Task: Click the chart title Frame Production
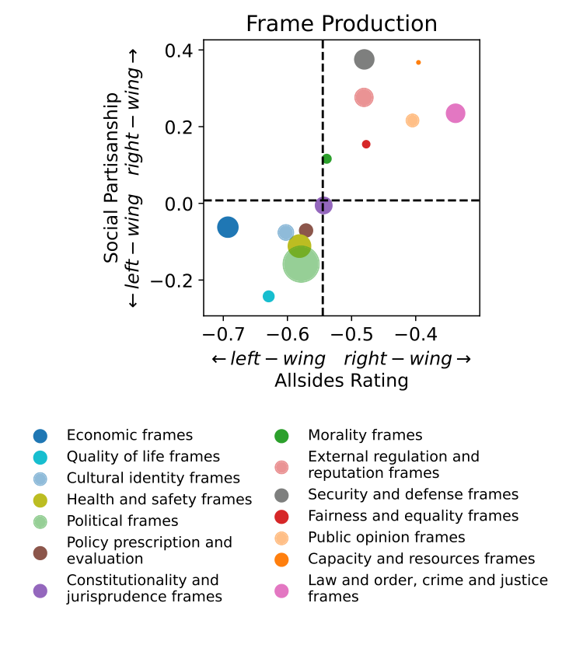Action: pyautogui.click(x=341, y=23)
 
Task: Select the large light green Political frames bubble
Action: pyautogui.click(x=300, y=264)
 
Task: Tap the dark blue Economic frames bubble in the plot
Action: pyautogui.click(x=227, y=227)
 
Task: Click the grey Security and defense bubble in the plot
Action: pyautogui.click(x=365, y=59)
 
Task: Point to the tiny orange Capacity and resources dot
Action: pyautogui.click(x=418, y=62)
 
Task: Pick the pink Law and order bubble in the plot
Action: pyautogui.click(x=456, y=113)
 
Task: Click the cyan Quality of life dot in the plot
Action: pyautogui.click(x=269, y=296)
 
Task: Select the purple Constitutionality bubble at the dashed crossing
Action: pyautogui.click(x=323, y=205)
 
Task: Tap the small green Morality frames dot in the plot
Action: pyautogui.click(x=326, y=159)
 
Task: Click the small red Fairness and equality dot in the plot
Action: pyautogui.click(x=366, y=144)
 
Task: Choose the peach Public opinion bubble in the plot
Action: pyautogui.click(x=412, y=120)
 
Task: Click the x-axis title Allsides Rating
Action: pyautogui.click(x=341, y=381)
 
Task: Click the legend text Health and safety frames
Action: pyautogui.click(x=159, y=499)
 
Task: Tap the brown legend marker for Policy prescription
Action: pyautogui.click(x=40, y=552)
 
